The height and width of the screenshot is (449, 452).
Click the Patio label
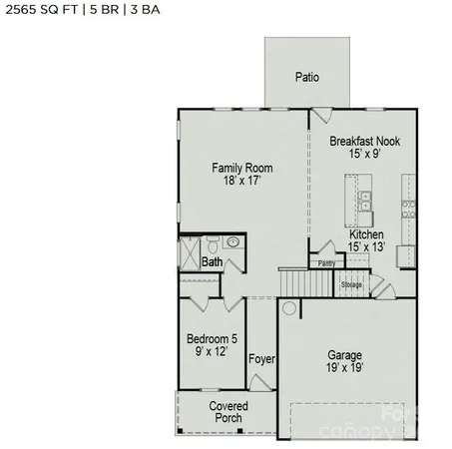307,77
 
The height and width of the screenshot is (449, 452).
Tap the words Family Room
241,168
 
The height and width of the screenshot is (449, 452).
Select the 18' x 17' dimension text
241,182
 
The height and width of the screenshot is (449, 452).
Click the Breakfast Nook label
364,142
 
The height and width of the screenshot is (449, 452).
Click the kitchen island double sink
365,200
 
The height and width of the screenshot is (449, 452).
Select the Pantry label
326,263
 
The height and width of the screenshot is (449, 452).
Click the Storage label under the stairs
351,284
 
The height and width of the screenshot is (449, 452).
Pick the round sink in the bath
232,241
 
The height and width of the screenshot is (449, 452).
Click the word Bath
213,262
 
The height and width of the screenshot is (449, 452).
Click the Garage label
345,354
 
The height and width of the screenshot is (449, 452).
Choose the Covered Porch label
228,411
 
